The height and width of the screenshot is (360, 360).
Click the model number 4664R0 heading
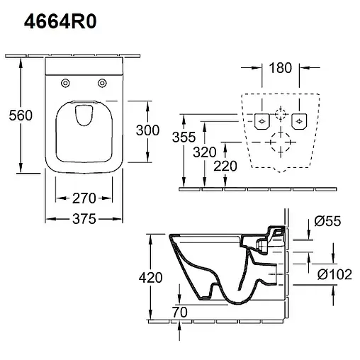(60, 21)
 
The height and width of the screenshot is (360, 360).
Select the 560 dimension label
(21, 116)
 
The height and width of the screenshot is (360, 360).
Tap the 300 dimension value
(147, 130)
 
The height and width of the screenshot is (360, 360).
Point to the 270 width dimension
(84, 198)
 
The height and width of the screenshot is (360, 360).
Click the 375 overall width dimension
(84, 219)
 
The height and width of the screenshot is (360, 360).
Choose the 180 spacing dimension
(281, 68)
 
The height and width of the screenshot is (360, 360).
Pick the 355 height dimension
(184, 137)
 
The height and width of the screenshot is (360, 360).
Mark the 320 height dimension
(205, 152)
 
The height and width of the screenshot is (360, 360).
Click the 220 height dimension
(225, 166)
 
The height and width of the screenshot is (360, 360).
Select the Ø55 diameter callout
(327, 221)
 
